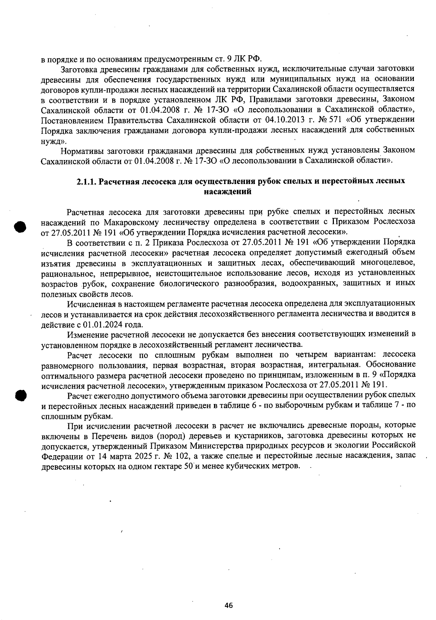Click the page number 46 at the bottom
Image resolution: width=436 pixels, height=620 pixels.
pyautogui.click(x=229, y=605)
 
